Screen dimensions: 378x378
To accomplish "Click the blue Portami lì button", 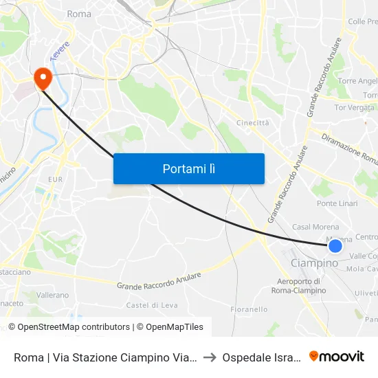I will tap(188, 168).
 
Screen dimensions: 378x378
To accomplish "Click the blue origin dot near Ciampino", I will tap(335, 246).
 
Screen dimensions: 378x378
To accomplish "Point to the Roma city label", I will tap(79, 14).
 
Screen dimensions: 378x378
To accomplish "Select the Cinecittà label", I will tap(252, 122).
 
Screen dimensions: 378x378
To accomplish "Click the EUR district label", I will tap(55, 179).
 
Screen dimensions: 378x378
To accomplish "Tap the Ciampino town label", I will tap(315, 263).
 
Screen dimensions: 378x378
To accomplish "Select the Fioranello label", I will tap(249, 309).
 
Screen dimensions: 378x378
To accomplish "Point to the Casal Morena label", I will tap(313, 227).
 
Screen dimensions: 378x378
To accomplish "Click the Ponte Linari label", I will tap(337, 204).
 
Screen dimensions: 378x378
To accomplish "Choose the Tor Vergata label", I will tap(355, 107).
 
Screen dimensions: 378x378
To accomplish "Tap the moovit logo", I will tap(337, 356).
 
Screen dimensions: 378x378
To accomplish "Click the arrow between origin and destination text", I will tap(210, 357).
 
